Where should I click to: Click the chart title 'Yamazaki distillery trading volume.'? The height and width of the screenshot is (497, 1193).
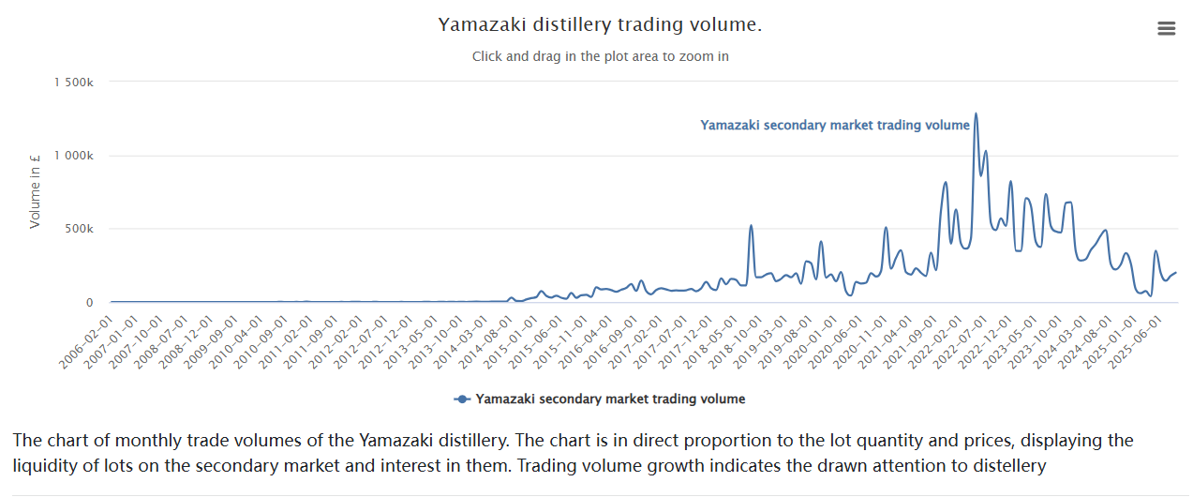click(x=600, y=24)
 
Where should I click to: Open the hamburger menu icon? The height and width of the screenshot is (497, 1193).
click(x=1166, y=28)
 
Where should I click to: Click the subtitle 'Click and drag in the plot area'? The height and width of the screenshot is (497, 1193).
click(x=600, y=56)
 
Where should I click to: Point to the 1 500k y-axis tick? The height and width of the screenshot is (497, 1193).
click(x=74, y=83)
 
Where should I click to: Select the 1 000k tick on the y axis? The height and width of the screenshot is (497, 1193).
click(x=74, y=156)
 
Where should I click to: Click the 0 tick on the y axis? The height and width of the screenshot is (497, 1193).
click(x=90, y=302)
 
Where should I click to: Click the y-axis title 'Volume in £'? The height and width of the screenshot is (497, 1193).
click(x=36, y=191)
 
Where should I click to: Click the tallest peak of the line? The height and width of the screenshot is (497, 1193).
click(x=976, y=114)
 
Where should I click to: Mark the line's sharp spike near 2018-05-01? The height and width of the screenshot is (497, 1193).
click(x=751, y=226)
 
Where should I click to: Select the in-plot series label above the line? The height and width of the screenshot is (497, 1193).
click(x=834, y=125)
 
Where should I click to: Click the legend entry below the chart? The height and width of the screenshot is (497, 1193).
click(x=609, y=399)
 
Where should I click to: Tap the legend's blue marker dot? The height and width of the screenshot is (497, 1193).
click(x=462, y=399)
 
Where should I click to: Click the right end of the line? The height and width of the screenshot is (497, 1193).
click(x=1175, y=273)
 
